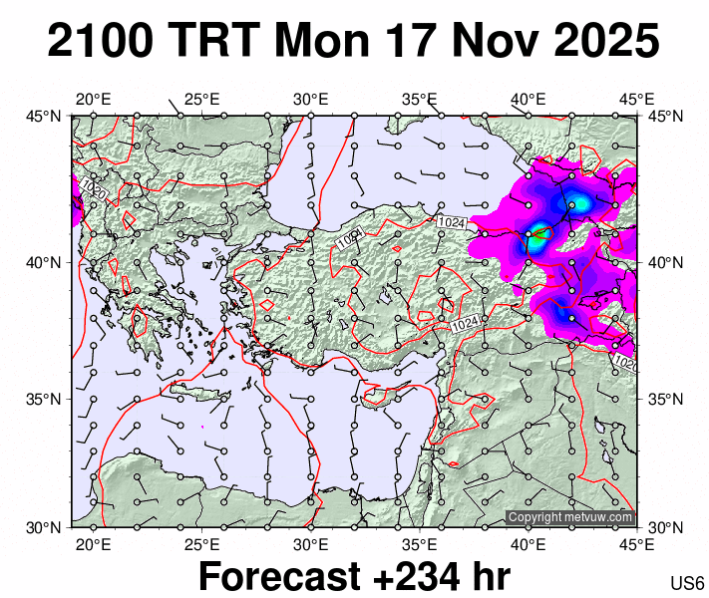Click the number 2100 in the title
(x=101, y=42)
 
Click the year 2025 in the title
(x=602, y=42)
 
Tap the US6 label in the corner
(x=688, y=583)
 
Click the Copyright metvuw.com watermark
(x=570, y=517)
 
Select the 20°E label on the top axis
(x=93, y=100)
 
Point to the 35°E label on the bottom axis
(x=420, y=544)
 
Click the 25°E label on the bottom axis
(x=201, y=544)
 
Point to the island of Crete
(x=199, y=392)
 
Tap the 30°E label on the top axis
(x=311, y=100)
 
